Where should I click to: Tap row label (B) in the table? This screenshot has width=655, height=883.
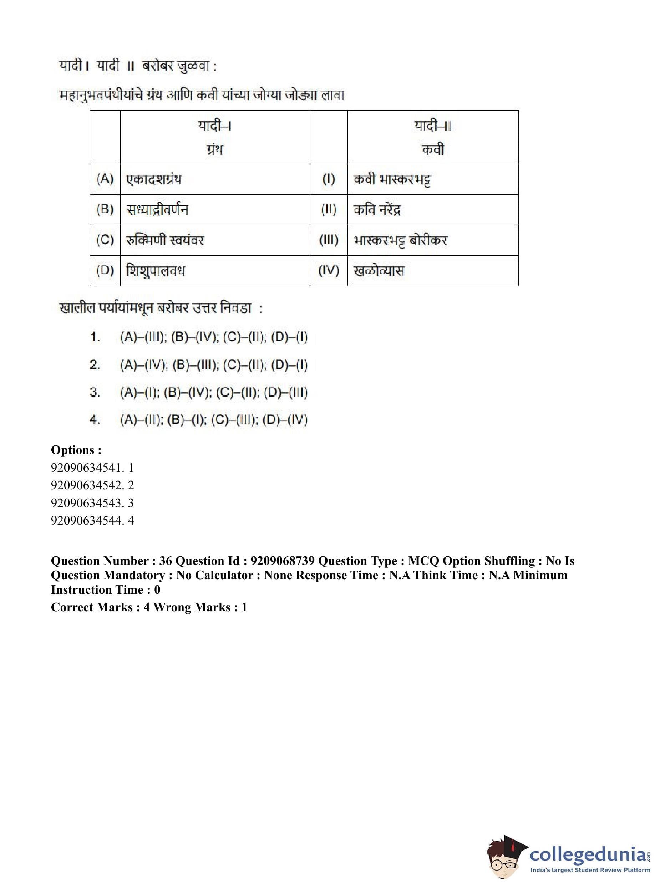pyautogui.click(x=105, y=209)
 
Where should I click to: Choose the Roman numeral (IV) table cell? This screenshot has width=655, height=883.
pyautogui.click(x=329, y=271)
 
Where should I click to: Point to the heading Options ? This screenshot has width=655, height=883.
pyautogui.click(x=76, y=450)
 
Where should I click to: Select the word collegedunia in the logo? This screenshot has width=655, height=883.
pyautogui.click(x=588, y=853)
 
